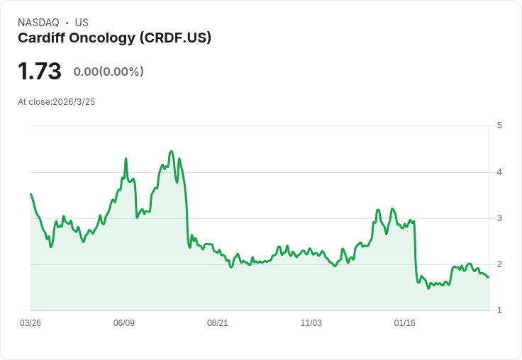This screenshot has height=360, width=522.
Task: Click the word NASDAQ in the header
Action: pos(38,23)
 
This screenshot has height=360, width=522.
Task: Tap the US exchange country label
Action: pos(82,23)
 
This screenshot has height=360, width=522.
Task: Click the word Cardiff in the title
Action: pos(41,38)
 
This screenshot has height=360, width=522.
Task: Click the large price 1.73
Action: pos(40,72)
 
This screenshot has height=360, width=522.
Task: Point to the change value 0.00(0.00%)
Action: pos(109,72)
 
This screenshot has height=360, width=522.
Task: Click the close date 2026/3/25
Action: pos(74,102)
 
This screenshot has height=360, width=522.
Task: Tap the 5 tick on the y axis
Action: pos(499,125)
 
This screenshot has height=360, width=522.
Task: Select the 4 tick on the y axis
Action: pos(499,171)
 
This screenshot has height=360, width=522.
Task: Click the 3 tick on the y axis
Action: pos(499,218)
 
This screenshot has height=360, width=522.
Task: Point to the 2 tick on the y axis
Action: pos(499,264)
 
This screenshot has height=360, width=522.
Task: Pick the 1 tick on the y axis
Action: pos(499,310)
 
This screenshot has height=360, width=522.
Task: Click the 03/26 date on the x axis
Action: pos(30,323)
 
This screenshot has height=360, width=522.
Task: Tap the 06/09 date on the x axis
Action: pos(124,323)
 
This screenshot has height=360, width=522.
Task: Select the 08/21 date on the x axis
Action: pos(218,323)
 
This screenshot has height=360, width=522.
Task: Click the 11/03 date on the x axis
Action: pos(311,323)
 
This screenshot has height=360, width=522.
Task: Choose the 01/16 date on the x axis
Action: pos(405,323)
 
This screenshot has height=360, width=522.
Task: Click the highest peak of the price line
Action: pos(171,151)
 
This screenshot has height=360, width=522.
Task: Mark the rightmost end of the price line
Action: pos(489,277)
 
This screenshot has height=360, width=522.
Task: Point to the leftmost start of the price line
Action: pos(30,193)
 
